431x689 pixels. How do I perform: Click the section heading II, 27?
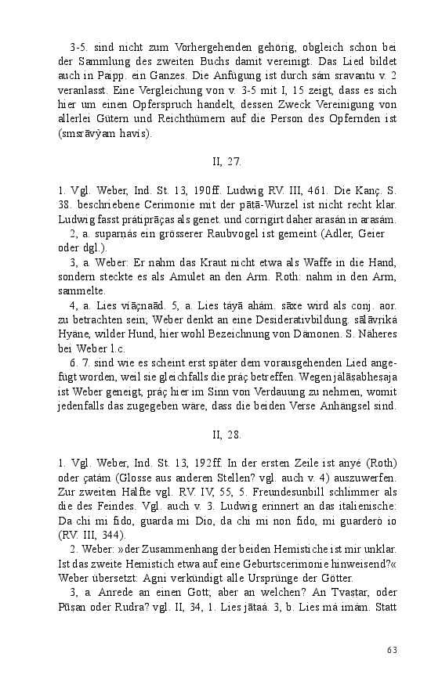tap(226, 162)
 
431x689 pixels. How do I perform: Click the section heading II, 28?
tap(226, 433)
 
